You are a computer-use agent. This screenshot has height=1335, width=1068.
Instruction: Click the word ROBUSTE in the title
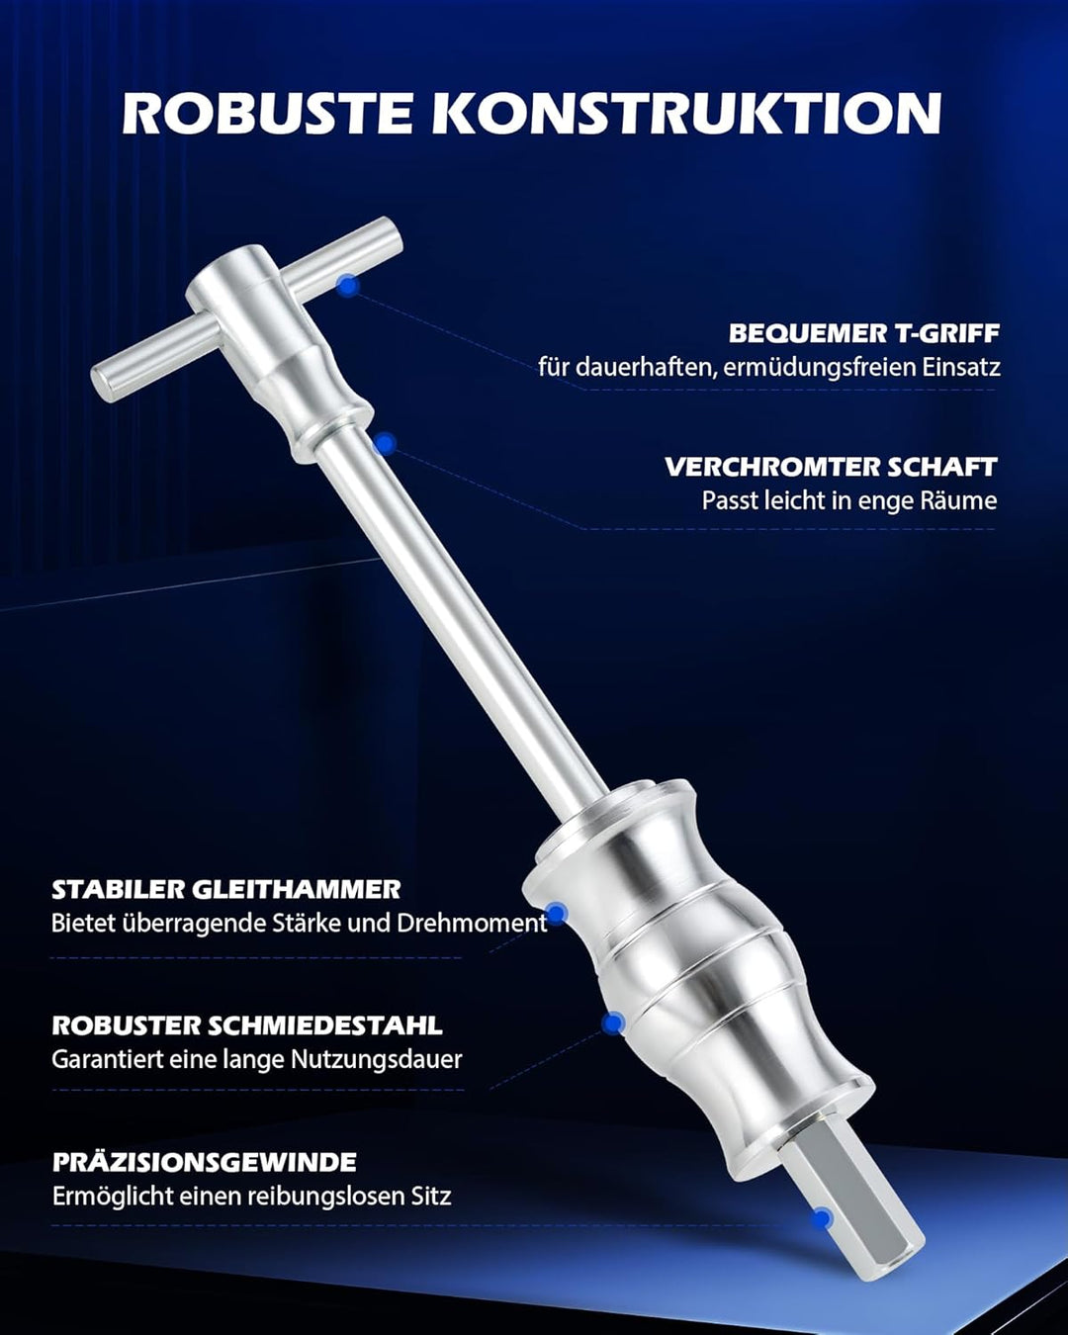pyautogui.click(x=268, y=113)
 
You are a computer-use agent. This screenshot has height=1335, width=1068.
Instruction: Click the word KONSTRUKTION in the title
pyautogui.click(x=686, y=113)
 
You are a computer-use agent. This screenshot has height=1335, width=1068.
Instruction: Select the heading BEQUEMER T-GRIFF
pyautogui.click(x=863, y=333)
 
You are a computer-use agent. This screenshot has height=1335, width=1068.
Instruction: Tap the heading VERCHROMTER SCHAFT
pyautogui.click(x=831, y=467)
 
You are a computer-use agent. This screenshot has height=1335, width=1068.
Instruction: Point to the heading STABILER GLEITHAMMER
pyautogui.click(x=226, y=889)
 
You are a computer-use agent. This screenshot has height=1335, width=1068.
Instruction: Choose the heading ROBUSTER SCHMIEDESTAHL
pyautogui.click(x=247, y=1025)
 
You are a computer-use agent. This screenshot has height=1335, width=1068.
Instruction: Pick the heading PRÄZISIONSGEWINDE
pyautogui.click(x=205, y=1162)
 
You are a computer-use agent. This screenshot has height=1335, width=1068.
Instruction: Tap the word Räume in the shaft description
pyautogui.click(x=958, y=500)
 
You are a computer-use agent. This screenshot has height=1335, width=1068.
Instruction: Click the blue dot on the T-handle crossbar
pyautogui.click(x=347, y=285)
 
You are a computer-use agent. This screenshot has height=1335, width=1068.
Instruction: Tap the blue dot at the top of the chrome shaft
pyautogui.click(x=386, y=443)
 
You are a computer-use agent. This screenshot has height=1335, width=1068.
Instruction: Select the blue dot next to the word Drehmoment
pyautogui.click(x=557, y=914)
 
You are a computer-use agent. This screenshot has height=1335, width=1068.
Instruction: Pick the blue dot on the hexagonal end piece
pyautogui.click(x=821, y=1218)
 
